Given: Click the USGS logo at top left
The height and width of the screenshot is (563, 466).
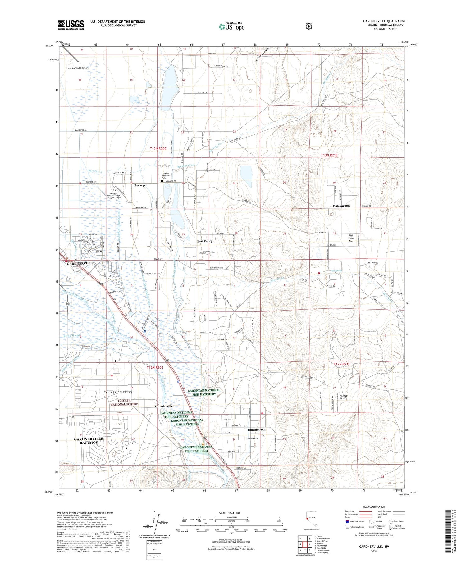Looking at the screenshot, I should pos(71,25).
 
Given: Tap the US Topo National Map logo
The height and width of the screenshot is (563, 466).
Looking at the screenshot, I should pos(231,26).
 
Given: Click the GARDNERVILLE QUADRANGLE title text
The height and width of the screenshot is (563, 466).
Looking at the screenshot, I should pos(385,21).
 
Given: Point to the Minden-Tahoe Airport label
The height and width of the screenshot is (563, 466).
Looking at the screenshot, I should pos(78,68).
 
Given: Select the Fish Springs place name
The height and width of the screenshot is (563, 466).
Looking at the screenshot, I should pos(341,206).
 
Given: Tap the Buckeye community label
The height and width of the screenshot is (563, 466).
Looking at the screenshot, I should pos(140,185).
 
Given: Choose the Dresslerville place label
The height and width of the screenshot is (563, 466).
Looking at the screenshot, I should pos(164,406).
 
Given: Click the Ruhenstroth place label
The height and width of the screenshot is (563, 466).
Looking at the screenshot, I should pos(256,429).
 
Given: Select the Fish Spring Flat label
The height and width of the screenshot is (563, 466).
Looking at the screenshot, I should pos(351,238).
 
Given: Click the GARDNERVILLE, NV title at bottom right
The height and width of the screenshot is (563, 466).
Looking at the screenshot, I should pos(374,546).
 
